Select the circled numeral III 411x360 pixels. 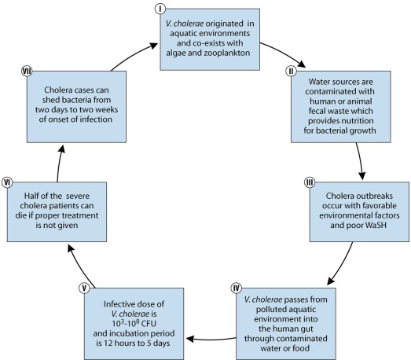[310, 182]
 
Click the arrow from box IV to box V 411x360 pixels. [207, 340]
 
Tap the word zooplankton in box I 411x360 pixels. [226, 50]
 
